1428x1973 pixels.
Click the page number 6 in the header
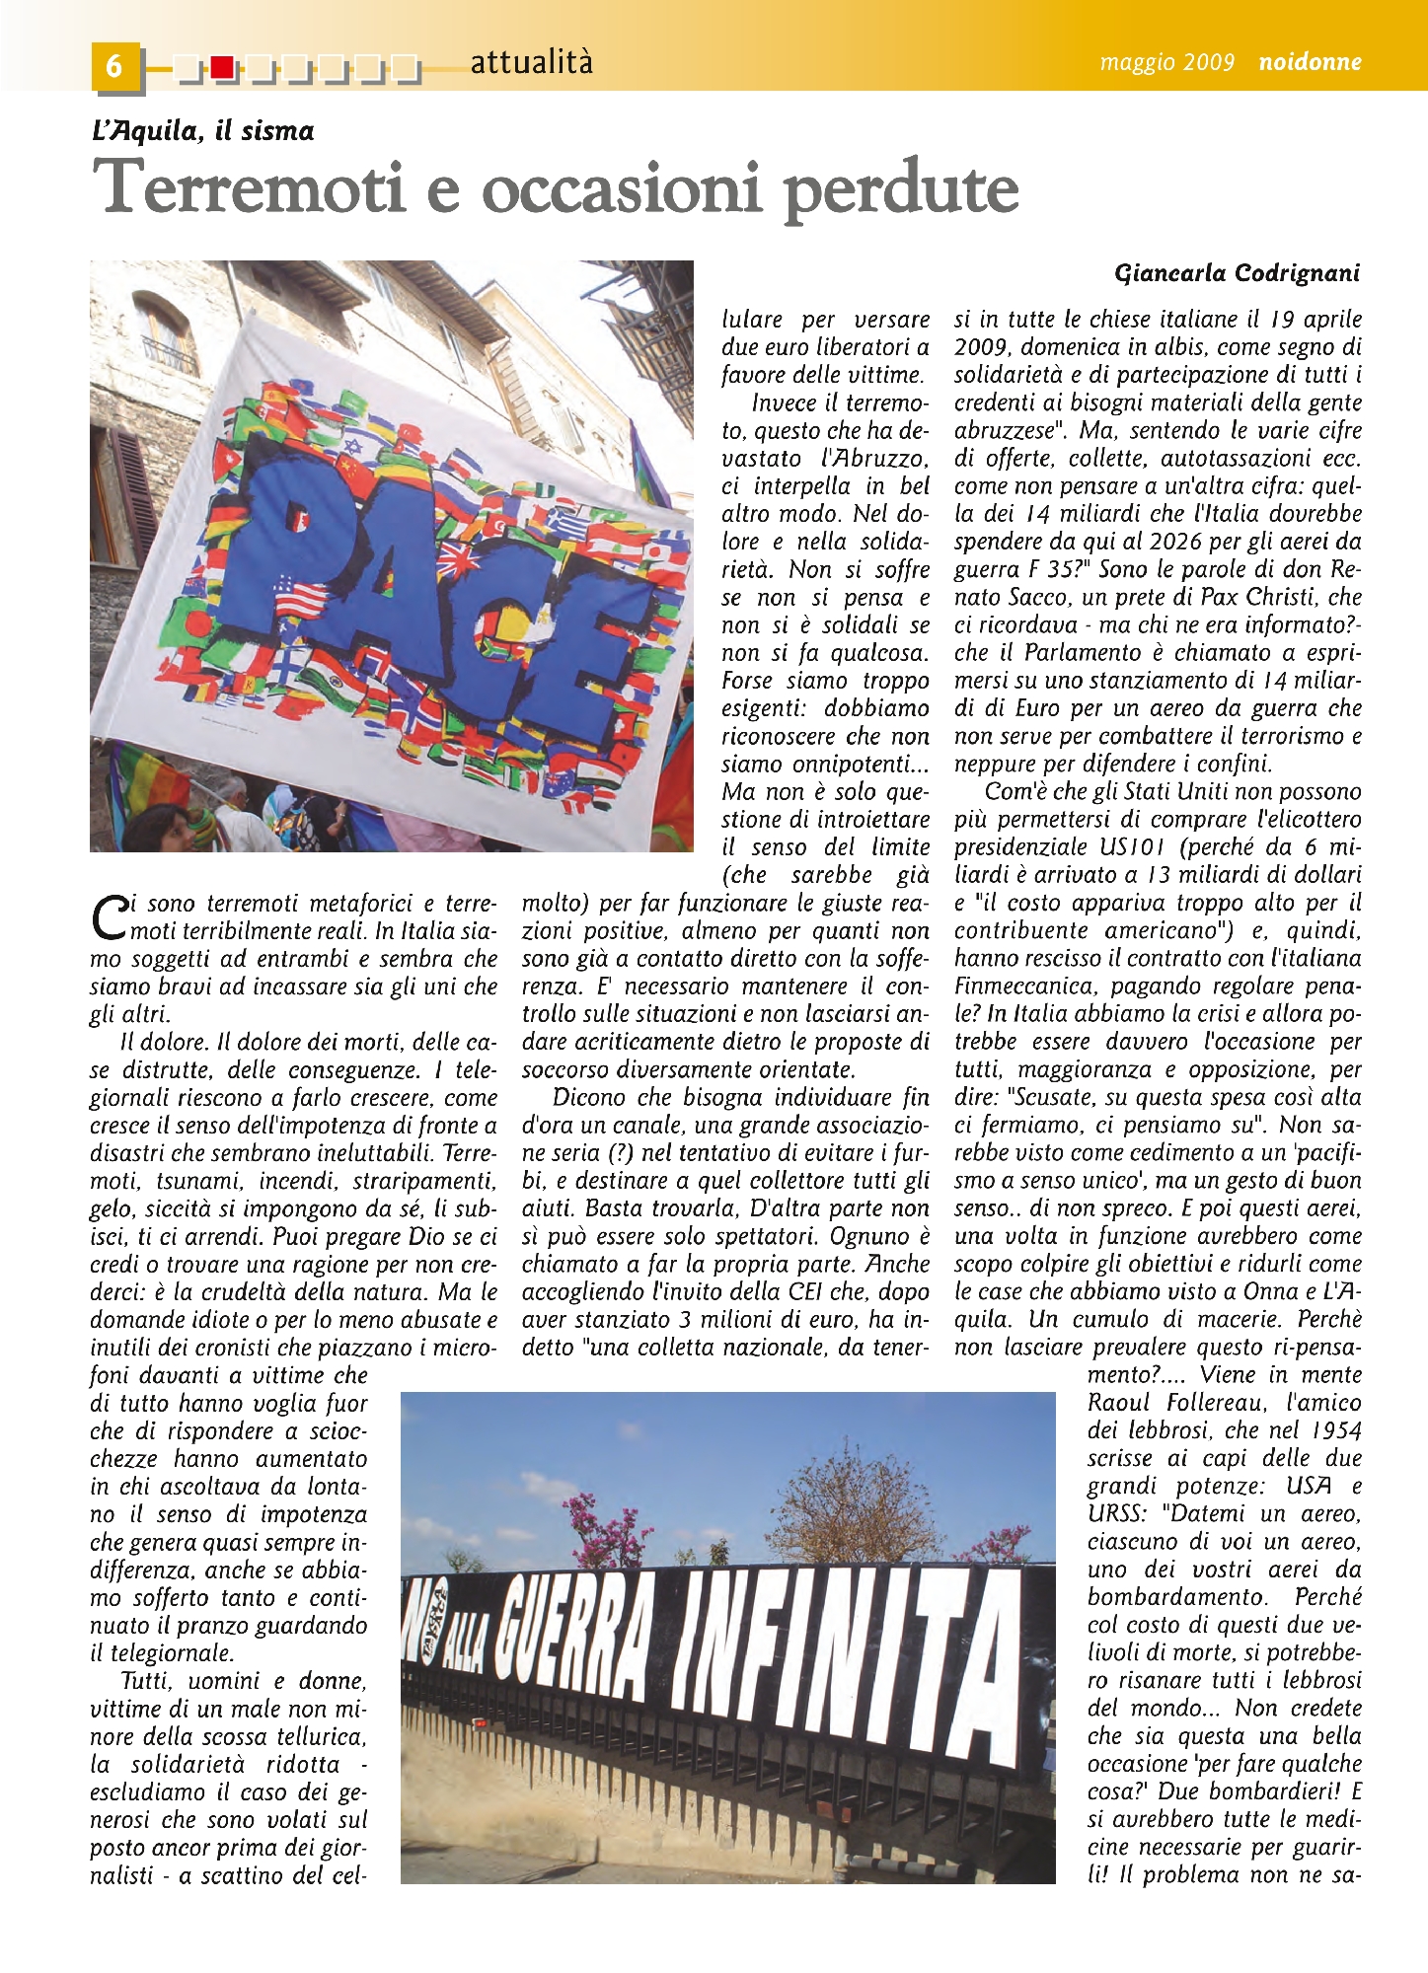pos(114,65)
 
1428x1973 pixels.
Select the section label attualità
pos(532,62)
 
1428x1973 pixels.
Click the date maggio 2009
pos(1166,63)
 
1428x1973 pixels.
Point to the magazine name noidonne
pos(1310,63)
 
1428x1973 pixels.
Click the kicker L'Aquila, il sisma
pos(202,131)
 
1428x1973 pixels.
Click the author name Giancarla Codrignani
pos(1237,273)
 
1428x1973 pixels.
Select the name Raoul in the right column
pos(1120,1403)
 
